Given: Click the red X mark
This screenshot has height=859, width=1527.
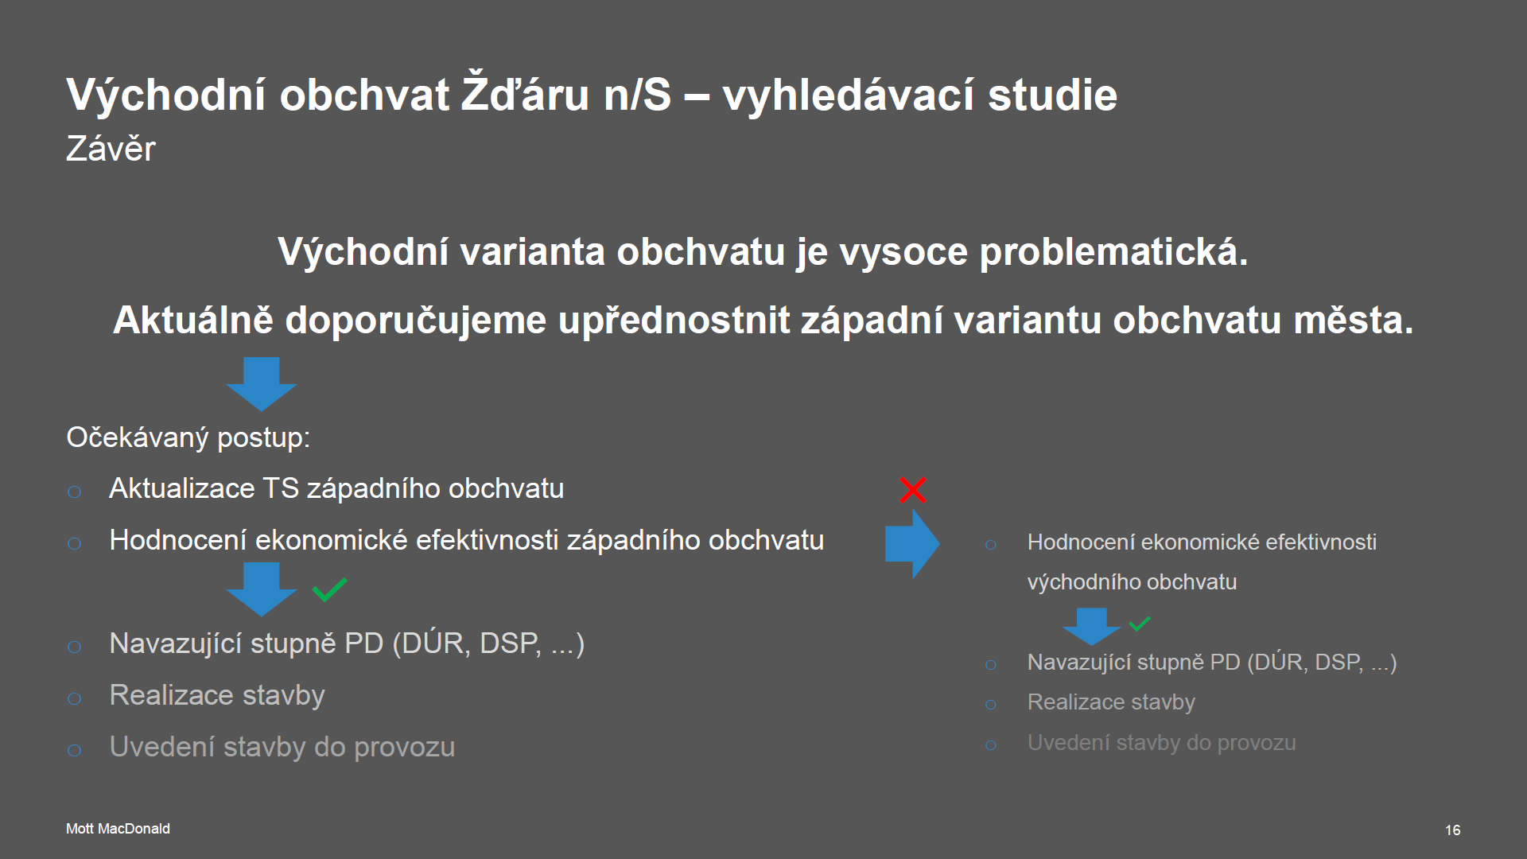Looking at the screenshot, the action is (912, 490).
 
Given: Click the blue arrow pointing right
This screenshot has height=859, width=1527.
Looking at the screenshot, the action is (912, 544).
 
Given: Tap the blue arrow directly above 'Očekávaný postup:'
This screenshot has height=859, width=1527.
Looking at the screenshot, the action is (261, 384).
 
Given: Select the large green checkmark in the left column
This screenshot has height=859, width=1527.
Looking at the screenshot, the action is (329, 589).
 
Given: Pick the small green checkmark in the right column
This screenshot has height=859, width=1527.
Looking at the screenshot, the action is (1140, 624).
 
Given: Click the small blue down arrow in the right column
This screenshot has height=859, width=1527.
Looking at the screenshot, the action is (1091, 627).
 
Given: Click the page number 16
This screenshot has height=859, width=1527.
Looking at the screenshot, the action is (1452, 830).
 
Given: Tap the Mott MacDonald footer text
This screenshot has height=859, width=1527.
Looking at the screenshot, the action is (118, 829).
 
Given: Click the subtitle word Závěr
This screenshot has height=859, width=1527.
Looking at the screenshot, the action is (111, 149).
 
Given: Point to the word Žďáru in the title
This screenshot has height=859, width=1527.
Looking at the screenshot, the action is (526, 93).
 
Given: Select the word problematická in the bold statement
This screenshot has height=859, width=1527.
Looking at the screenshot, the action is (1113, 252).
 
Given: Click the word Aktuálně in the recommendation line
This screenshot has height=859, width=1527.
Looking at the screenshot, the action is (193, 320).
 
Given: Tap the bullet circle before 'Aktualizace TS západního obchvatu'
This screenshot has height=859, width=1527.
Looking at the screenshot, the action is (75, 492).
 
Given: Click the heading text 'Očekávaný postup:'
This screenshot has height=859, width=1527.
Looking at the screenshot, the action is (188, 437).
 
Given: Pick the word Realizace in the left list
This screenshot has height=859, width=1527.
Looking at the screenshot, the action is (171, 695).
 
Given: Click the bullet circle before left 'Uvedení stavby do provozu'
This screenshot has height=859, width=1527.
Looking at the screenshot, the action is (75, 750).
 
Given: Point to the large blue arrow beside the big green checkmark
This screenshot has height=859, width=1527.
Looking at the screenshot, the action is (261, 589).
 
